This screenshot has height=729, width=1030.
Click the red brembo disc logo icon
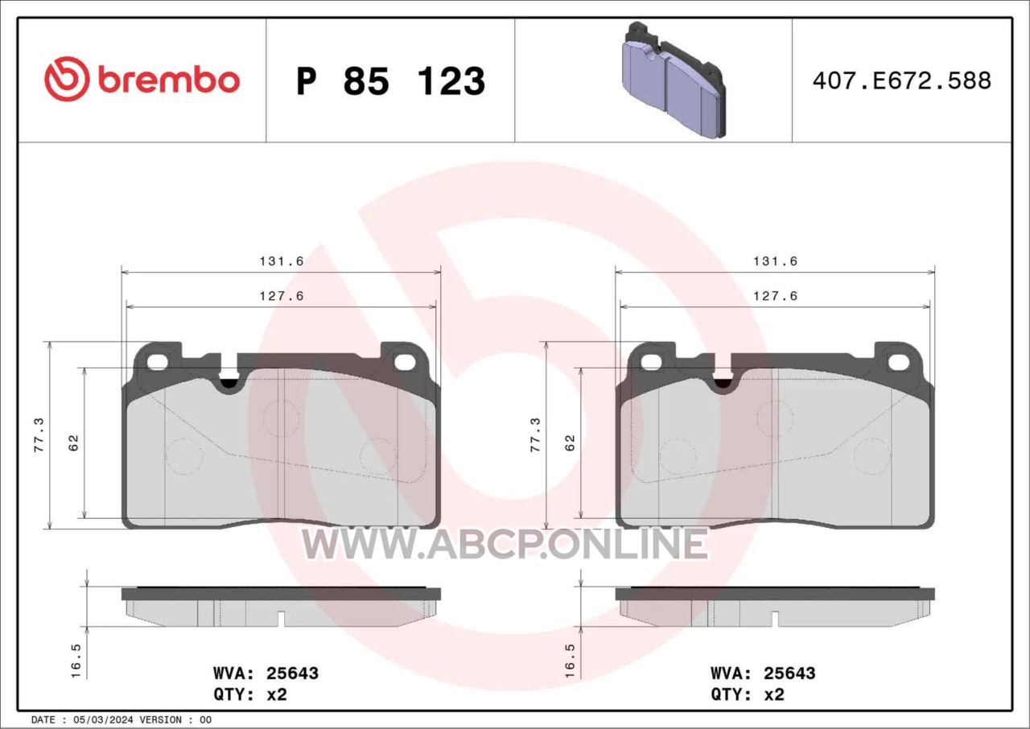point(67,79)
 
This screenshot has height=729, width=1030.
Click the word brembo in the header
point(169,81)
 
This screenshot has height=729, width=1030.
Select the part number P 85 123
point(391,81)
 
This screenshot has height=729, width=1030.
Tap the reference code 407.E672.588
point(902,80)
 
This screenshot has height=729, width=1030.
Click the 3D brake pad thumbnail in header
point(674,80)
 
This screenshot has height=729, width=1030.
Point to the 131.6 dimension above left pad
point(282,261)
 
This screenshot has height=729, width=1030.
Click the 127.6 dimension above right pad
point(775,296)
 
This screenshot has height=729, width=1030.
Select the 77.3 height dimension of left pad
point(39,435)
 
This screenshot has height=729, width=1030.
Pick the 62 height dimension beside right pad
point(570,443)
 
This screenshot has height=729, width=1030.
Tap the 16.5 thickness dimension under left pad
point(76,661)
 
